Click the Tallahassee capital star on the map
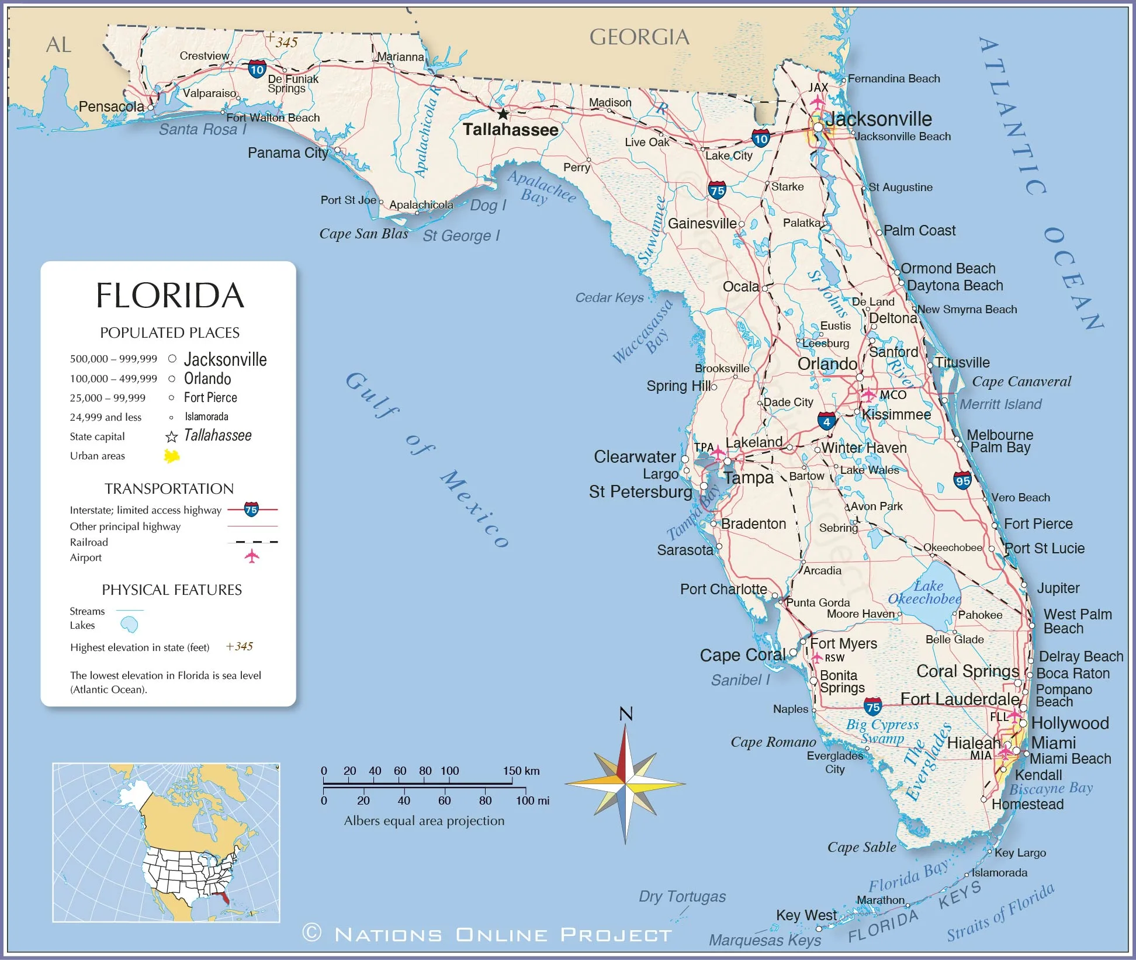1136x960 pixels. pos(503,114)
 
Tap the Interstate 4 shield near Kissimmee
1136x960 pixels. pos(826,421)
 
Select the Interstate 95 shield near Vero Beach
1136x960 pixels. pos(962,480)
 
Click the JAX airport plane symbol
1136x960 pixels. pos(818,102)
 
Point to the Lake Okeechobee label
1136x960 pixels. pos(924,592)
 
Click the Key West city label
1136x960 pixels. pos(806,915)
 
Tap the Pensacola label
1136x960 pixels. pos(111,107)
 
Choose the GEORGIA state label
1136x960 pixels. pos(639,37)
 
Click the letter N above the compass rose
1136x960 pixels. pos(626,713)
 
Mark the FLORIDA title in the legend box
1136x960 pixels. pos(169,296)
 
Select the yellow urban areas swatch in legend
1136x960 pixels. pos(171,456)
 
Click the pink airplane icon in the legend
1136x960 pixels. pos(252,556)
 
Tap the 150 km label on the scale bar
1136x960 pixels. pos(521,771)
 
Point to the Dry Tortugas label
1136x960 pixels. pos(682,896)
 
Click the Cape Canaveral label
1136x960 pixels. pos(1021,382)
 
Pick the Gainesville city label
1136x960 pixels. pos(702,224)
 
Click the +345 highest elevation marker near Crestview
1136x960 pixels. pos(283,41)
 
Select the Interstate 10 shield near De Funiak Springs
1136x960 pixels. pos(257,70)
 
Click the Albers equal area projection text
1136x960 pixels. pos(424,821)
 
